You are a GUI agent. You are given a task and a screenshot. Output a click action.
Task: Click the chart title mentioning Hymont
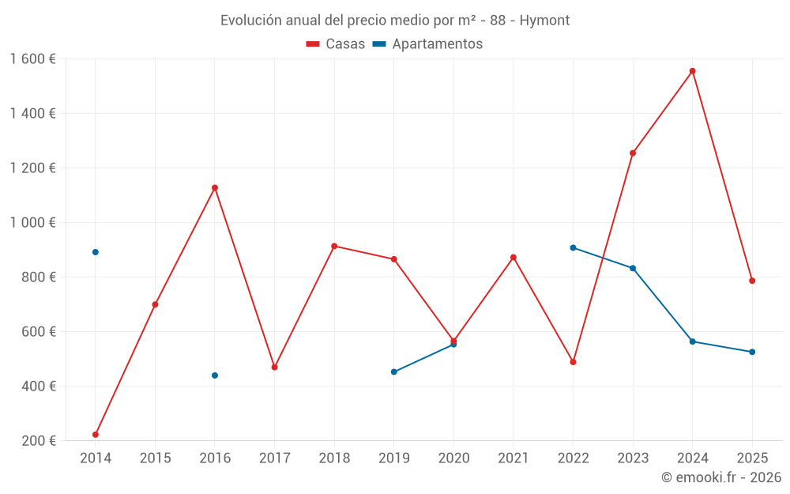(x=395, y=20)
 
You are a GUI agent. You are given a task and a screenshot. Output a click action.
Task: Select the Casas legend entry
(x=336, y=44)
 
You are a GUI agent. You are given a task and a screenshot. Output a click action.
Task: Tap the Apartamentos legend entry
(x=427, y=44)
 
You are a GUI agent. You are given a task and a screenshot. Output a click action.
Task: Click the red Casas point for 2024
(x=693, y=71)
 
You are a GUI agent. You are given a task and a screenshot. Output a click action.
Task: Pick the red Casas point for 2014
(x=96, y=435)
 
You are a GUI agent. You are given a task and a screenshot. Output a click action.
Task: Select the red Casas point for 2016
(x=215, y=188)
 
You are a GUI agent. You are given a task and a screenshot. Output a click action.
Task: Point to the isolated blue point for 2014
(x=96, y=252)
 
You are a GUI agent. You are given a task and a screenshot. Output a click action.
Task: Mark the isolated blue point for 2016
(x=215, y=375)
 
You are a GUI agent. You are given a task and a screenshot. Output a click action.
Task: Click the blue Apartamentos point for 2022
(x=574, y=248)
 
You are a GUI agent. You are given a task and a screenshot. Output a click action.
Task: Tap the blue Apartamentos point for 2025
(x=752, y=352)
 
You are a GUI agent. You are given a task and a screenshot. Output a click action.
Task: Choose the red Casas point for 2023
(x=633, y=153)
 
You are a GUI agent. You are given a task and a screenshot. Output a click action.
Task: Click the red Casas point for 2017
(x=274, y=368)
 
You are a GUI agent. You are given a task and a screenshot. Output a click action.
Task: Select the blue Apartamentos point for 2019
(x=394, y=371)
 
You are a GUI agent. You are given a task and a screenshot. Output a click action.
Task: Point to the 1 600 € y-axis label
(x=33, y=59)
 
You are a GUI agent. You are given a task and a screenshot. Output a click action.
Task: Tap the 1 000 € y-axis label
(x=33, y=223)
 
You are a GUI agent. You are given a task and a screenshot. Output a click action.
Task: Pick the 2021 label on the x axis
(x=513, y=458)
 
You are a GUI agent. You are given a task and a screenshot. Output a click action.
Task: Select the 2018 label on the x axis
(x=334, y=458)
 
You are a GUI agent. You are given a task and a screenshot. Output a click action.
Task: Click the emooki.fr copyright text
(x=720, y=477)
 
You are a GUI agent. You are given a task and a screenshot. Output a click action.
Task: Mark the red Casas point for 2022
(x=574, y=362)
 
